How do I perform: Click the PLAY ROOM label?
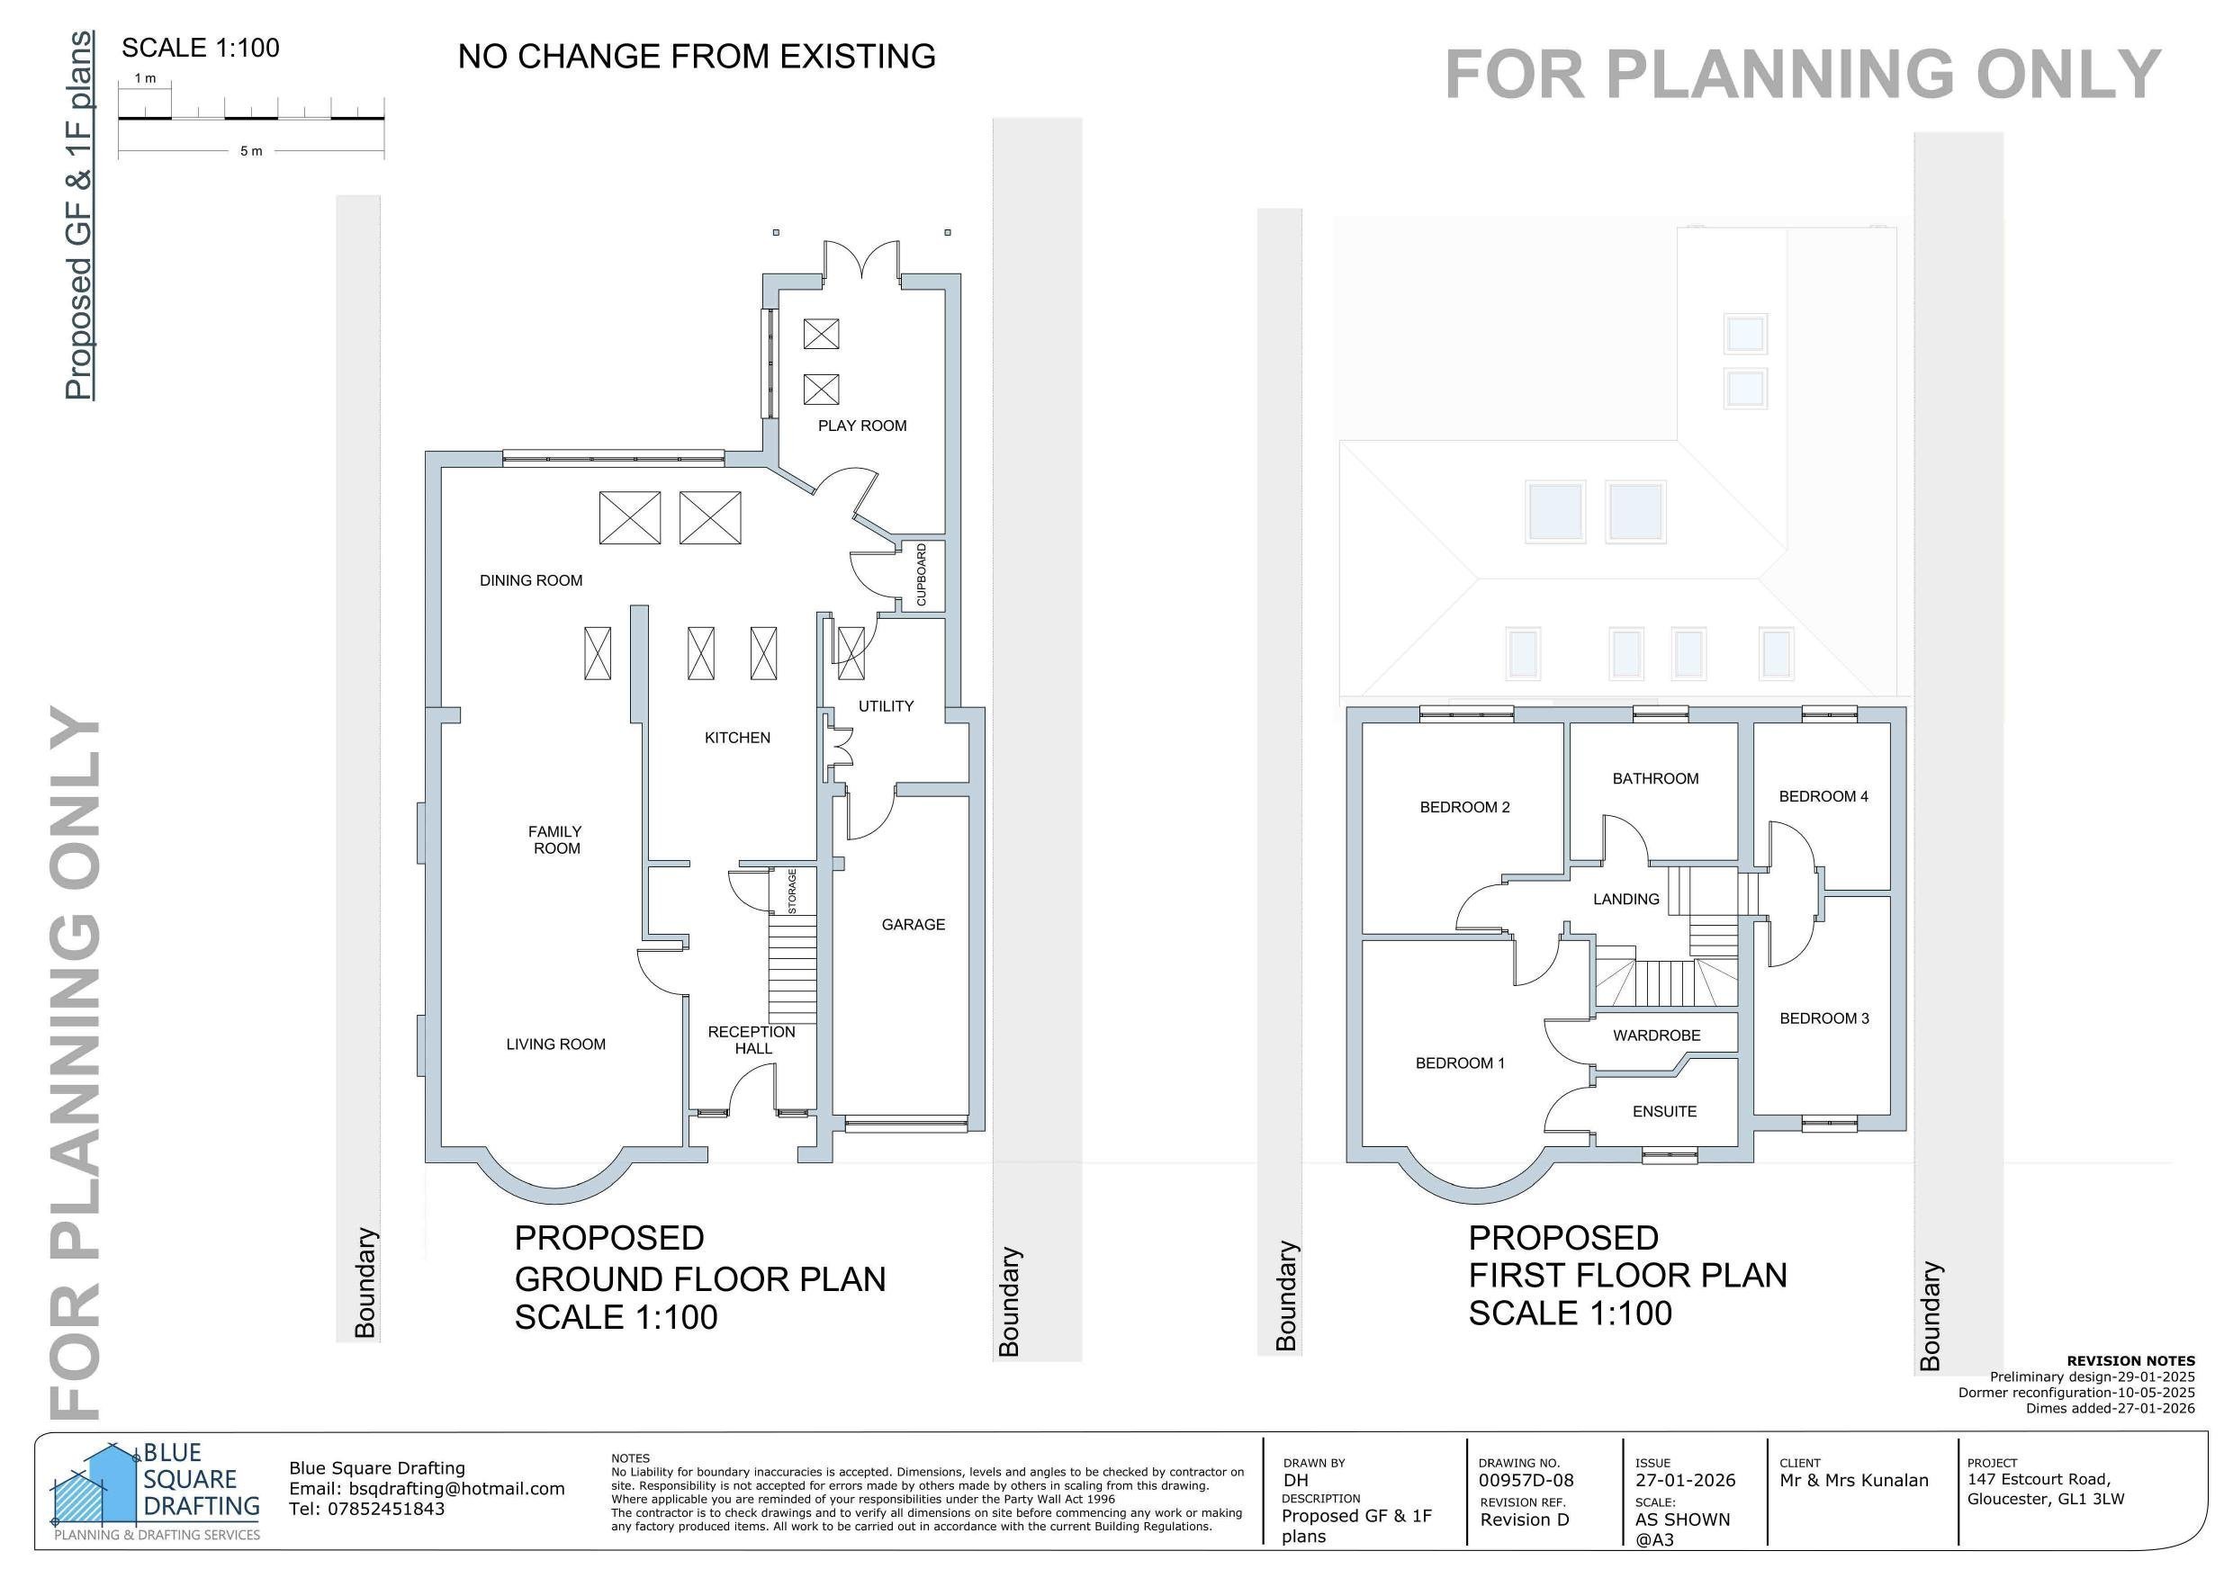click(x=861, y=426)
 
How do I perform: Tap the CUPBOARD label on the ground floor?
click(x=921, y=575)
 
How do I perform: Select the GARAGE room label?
click(x=913, y=925)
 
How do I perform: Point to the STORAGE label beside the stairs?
click(x=793, y=891)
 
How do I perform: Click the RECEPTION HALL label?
click(x=752, y=1039)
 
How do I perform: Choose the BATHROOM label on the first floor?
click(x=1655, y=779)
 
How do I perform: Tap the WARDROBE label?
click(x=1656, y=1036)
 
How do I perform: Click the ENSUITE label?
click(x=1664, y=1111)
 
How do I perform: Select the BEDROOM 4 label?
click(x=1823, y=796)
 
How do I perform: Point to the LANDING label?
click(x=1625, y=900)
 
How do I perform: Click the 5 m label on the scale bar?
click(x=251, y=152)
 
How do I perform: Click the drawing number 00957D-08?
click(x=1525, y=1481)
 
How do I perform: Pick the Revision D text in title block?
click(x=1524, y=1520)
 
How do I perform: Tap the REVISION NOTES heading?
click(x=2129, y=1361)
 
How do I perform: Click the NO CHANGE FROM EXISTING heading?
click(x=697, y=57)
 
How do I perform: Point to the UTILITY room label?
click(x=885, y=706)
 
